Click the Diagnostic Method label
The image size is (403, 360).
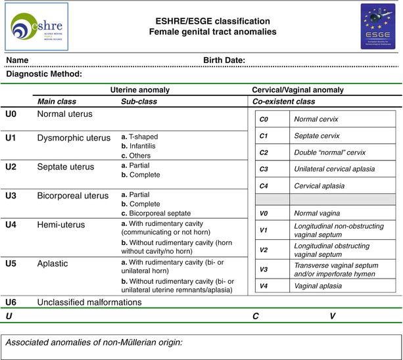pyautogui.click(x=43, y=74)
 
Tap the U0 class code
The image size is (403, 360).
pyautogui.click(x=11, y=114)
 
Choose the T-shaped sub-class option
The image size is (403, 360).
pyautogui.click(x=139, y=137)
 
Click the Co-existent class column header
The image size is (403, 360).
pyautogui.click(x=284, y=102)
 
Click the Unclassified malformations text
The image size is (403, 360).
pyautogui.click(x=89, y=302)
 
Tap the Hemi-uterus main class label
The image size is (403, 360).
pyautogui.click(x=62, y=225)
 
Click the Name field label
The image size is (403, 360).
pyautogui.click(x=17, y=61)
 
